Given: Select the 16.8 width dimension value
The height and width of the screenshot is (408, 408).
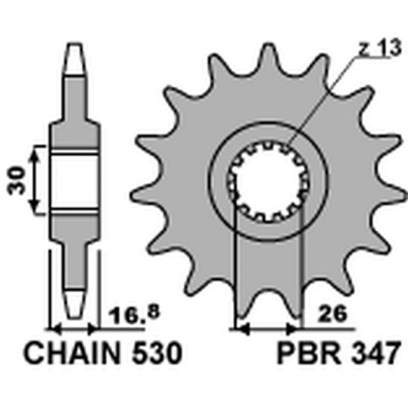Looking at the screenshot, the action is tap(134, 315).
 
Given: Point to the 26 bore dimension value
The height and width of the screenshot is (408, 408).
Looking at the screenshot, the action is tap(334, 315).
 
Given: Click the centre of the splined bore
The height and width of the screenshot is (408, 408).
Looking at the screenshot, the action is tap(268, 181).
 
